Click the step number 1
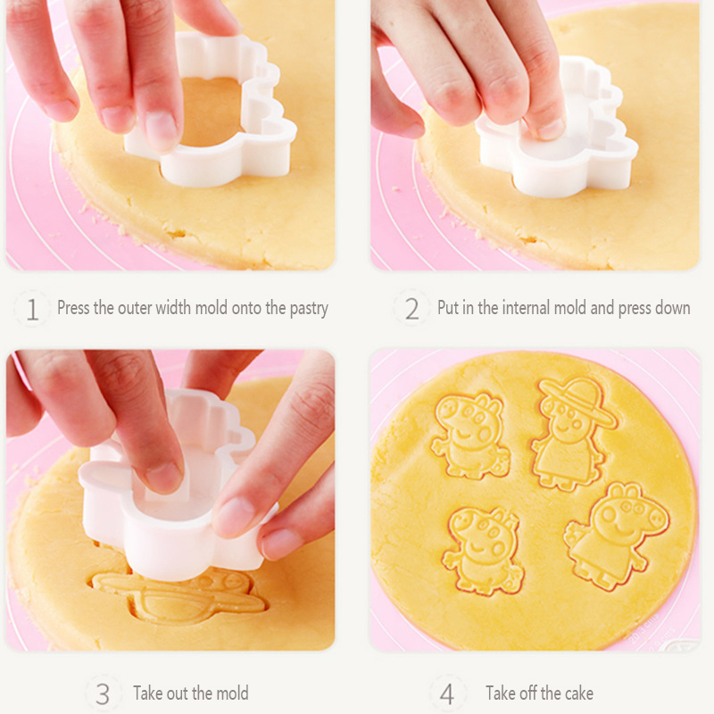[32, 309]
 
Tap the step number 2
[411, 309]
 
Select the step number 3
[103, 694]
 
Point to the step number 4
[447, 694]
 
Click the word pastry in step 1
[309, 309]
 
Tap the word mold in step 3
[232, 693]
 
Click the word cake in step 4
[578, 693]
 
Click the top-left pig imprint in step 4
[470, 436]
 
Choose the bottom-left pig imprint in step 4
[484, 550]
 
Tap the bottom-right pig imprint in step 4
[616, 535]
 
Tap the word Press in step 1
[73, 308]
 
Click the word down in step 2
[675, 308]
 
